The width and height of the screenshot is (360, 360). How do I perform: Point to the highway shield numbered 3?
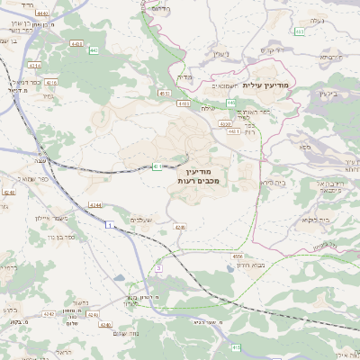pyautogui.click(x=159, y=267)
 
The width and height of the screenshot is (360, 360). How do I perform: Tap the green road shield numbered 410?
pyautogui.click(x=236, y=346)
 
